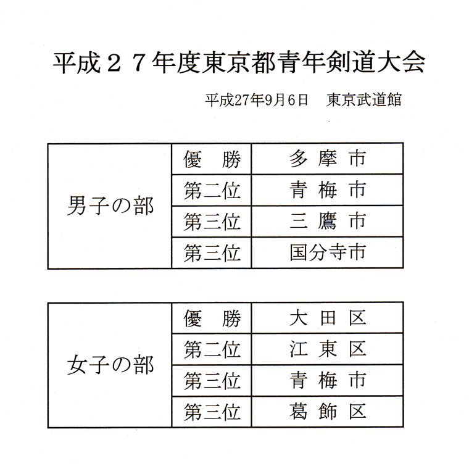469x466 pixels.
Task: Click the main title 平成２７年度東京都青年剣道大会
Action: [x=239, y=62]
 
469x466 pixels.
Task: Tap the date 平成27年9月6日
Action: [x=256, y=100]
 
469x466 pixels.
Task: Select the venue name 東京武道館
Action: [x=363, y=100]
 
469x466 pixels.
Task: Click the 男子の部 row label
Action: [x=110, y=206]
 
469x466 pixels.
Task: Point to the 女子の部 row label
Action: [x=110, y=365]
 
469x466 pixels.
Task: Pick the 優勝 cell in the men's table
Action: [x=212, y=159]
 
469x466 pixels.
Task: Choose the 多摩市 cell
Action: [x=328, y=159]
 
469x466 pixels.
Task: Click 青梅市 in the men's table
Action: [x=328, y=190]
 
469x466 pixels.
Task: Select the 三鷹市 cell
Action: [x=328, y=222]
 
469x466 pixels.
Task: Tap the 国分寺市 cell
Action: [x=328, y=252]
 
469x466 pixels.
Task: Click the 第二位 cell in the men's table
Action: [x=212, y=191]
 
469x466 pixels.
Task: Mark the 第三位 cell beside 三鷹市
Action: [x=212, y=222]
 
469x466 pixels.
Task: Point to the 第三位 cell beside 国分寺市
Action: [x=212, y=253]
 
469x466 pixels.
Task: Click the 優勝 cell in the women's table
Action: [x=212, y=318]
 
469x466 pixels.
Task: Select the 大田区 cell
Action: [x=328, y=318]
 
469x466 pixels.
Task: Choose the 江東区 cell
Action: [x=328, y=349]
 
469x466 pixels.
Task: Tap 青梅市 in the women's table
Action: [x=328, y=380]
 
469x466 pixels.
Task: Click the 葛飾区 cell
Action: [x=328, y=412]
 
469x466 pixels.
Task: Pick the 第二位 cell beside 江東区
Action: [x=212, y=349]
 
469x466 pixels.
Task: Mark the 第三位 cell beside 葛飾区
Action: [x=212, y=412]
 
